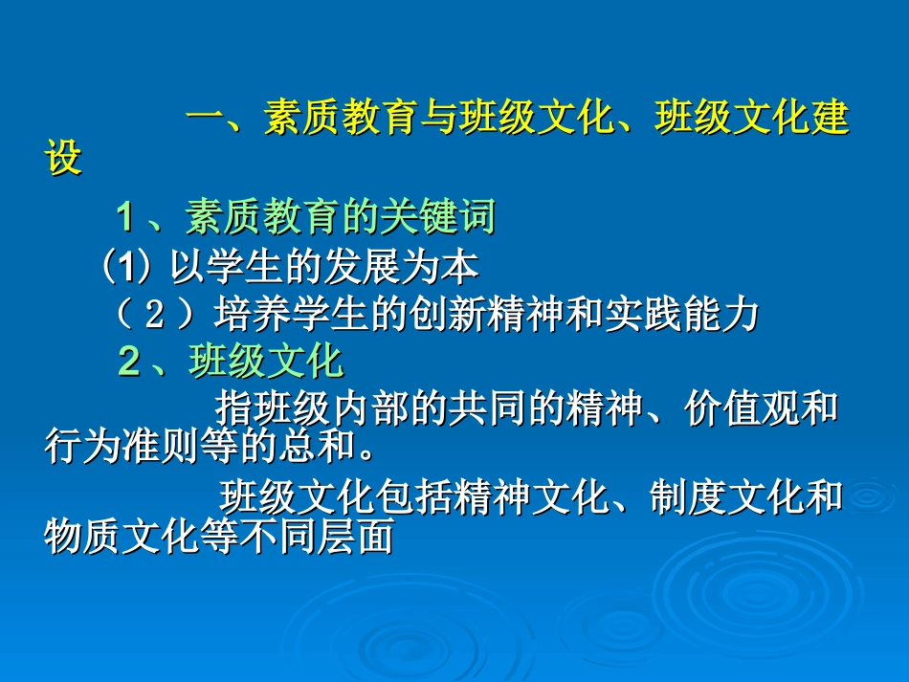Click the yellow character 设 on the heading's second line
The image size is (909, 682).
[63, 157]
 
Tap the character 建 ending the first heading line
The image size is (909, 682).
[831, 117]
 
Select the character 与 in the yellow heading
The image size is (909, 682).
[438, 117]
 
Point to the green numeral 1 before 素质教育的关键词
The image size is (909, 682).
[125, 217]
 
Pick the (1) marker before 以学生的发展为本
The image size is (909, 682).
[126, 267]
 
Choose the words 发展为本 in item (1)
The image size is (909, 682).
[401, 267]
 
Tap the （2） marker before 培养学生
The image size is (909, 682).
[154, 315]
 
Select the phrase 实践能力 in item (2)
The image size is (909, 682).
[681, 315]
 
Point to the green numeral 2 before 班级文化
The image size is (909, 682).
[129, 361]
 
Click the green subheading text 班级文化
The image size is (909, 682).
[266, 361]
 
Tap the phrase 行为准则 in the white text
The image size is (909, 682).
[122, 445]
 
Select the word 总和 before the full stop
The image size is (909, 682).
[317, 445]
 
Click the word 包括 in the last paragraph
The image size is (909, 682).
[414, 496]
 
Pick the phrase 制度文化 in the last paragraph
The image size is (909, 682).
[727, 496]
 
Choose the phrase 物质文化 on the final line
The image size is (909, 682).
[122, 535]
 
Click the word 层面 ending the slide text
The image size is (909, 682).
[356, 535]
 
